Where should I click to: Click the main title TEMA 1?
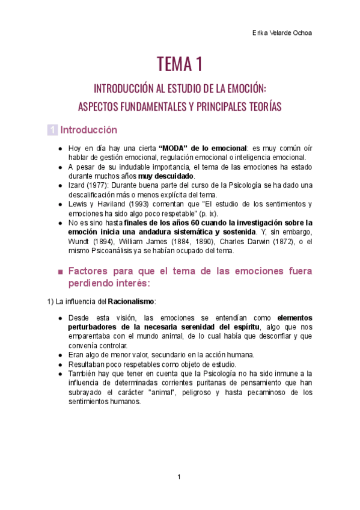180,63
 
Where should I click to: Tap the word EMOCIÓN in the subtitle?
245,89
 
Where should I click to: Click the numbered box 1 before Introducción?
53,130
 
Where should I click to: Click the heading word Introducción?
88,130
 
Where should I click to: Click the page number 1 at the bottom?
179,477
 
